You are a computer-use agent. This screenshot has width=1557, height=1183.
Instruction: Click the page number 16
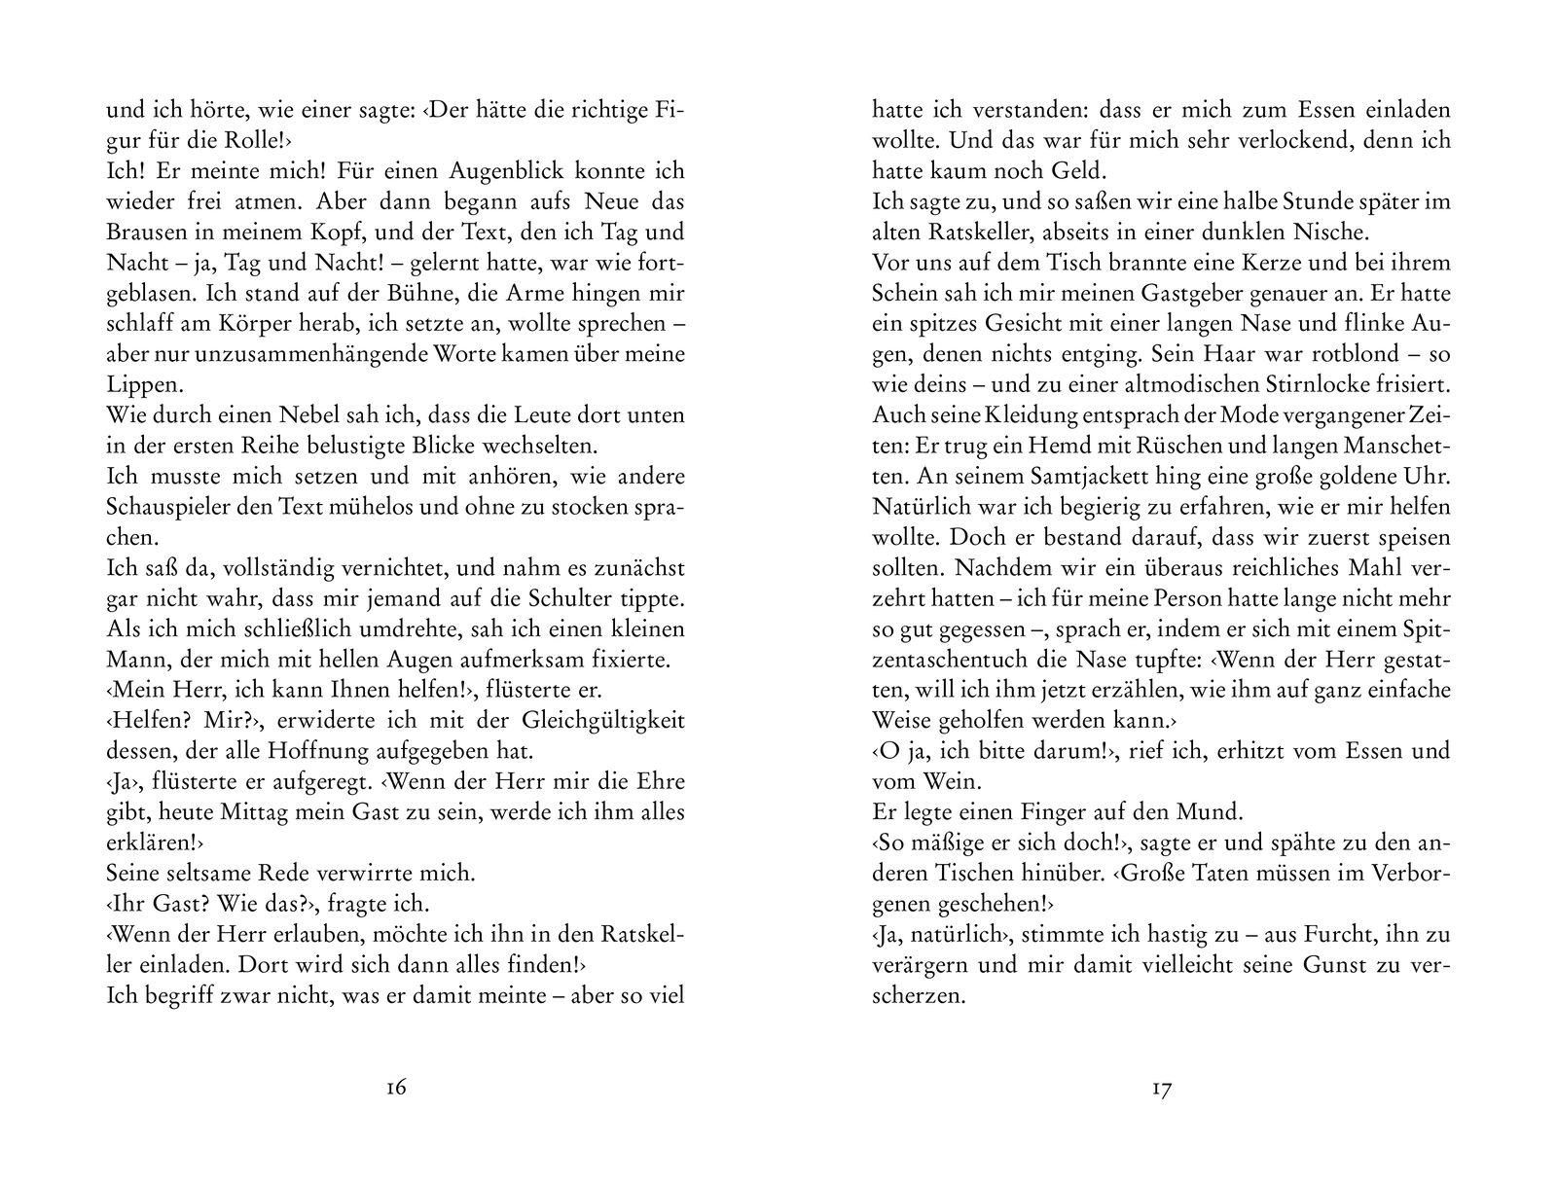(x=395, y=1088)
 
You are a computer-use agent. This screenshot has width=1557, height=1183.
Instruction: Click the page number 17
(x=1161, y=1088)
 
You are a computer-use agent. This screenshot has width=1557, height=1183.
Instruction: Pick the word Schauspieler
(x=170, y=507)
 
